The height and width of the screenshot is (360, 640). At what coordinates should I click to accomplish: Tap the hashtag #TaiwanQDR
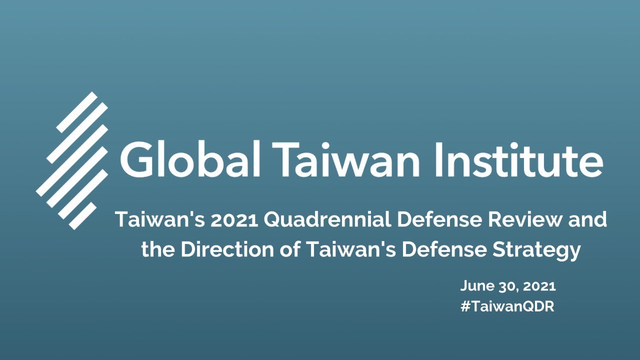pyautogui.click(x=507, y=306)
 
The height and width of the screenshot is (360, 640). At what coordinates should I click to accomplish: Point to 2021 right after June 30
pyautogui.click(x=539, y=286)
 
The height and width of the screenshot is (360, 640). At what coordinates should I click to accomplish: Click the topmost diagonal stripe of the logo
pyautogui.click(x=76, y=112)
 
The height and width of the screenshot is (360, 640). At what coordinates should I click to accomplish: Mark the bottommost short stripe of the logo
pyautogui.click(x=82, y=216)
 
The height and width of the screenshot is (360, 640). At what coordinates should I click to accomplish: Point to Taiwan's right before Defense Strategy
pyautogui.click(x=345, y=249)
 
